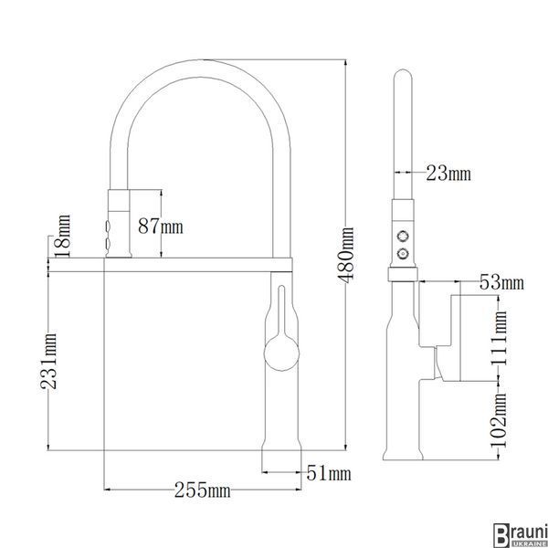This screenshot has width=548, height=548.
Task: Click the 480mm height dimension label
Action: pyautogui.click(x=345, y=255)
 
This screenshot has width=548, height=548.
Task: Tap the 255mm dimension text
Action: pyautogui.click(x=203, y=490)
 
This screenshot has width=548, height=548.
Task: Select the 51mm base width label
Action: pyautogui.click(x=329, y=473)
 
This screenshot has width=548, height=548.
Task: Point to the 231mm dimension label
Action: pyautogui.click(x=48, y=361)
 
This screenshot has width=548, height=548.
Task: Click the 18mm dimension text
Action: pyautogui.click(x=64, y=236)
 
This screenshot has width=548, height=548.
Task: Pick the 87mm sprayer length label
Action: pyautogui.click(x=161, y=226)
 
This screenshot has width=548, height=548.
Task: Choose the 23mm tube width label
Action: pyautogui.click(x=448, y=173)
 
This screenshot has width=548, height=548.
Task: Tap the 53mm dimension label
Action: pyautogui.click(x=501, y=282)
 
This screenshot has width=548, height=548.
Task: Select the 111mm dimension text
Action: pyautogui.click(x=499, y=338)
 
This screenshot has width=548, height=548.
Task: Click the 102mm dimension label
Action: pyautogui.click(x=499, y=420)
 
